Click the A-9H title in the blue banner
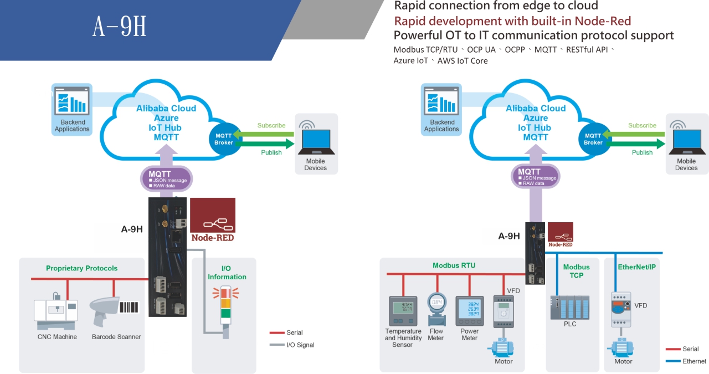click(119, 26)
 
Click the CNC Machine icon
click(56, 311)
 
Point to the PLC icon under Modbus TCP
click(570, 307)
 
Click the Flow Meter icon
click(437, 309)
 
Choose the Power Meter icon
click(470, 311)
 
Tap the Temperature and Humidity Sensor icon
click(403, 311)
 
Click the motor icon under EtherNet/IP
click(621, 347)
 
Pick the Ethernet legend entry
click(686, 361)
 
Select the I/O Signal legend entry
click(292, 345)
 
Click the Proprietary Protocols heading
click(81, 268)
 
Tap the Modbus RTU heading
click(454, 265)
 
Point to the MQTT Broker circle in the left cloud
click(224, 139)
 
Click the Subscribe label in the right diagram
click(642, 125)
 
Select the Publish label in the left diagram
click(271, 152)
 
